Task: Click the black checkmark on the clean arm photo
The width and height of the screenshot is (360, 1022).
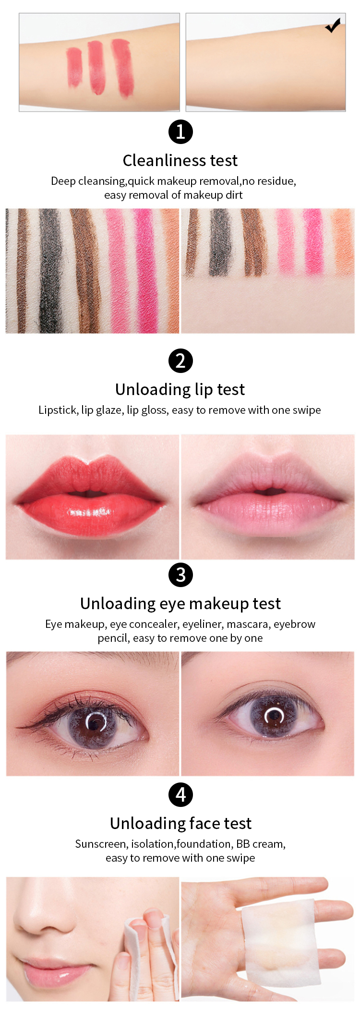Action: [333, 25]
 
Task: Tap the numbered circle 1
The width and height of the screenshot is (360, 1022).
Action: [180, 132]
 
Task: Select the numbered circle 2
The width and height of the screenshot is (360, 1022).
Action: [180, 361]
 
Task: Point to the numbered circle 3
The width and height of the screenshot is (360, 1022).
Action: [180, 575]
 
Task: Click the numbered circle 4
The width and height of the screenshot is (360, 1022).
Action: [180, 794]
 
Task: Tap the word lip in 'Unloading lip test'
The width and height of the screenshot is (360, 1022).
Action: [204, 390]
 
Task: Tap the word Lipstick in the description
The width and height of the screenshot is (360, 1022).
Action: [58, 410]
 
